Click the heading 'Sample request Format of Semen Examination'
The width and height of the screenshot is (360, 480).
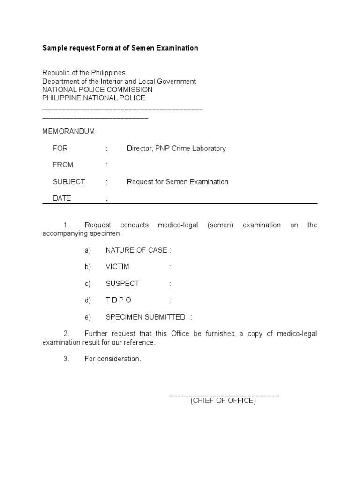[120, 48]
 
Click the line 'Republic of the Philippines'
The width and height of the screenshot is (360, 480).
[84, 73]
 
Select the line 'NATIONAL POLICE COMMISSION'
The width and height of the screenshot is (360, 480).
[97, 90]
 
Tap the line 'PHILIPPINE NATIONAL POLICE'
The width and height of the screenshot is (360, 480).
[94, 98]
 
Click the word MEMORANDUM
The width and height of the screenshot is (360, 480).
[68, 131]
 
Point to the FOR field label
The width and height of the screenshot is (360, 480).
[60, 148]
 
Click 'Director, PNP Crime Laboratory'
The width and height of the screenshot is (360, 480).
[176, 148]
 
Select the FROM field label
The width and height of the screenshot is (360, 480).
[63, 165]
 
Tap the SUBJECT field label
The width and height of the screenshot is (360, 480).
[69, 181]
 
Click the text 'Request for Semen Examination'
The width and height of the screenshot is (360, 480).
[178, 181]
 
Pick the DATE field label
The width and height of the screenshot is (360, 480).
[62, 198]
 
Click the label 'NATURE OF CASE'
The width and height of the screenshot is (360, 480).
[136, 250]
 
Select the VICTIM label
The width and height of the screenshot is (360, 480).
[117, 267]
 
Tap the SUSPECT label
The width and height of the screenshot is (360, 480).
[122, 284]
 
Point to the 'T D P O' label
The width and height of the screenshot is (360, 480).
[119, 300]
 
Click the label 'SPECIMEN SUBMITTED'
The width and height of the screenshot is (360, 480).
[145, 317]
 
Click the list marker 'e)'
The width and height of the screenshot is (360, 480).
[88, 317]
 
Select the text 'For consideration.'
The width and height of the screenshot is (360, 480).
[112, 359]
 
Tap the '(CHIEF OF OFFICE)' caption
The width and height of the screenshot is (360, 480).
[223, 401]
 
